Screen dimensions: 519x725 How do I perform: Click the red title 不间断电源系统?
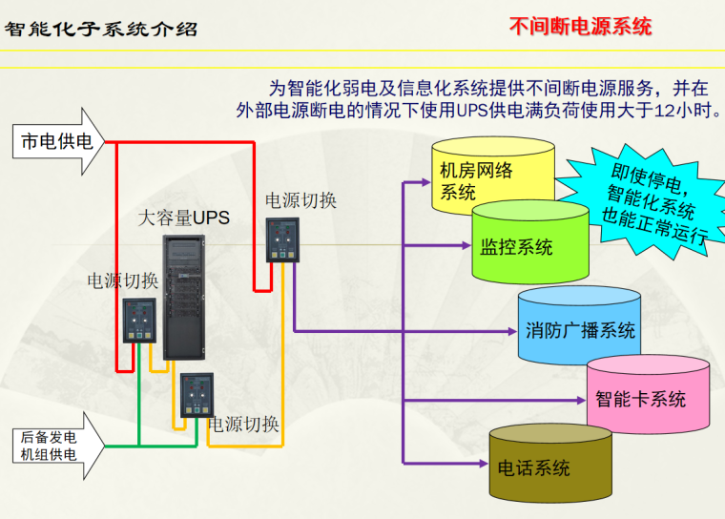click(580, 26)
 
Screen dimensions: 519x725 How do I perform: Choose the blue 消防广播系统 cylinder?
click(580, 329)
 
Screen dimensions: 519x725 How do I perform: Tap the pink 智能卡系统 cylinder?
click(648, 396)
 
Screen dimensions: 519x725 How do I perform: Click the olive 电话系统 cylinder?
click(550, 467)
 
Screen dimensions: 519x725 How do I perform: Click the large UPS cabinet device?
click(184, 296)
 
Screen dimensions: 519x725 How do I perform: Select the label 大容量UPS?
click(183, 218)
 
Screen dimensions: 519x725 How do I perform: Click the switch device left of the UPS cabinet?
click(138, 321)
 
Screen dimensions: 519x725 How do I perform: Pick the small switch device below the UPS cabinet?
click(198, 393)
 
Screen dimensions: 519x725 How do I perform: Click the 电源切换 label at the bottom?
click(243, 425)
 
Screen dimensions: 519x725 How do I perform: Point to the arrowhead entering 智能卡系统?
click(579, 400)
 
